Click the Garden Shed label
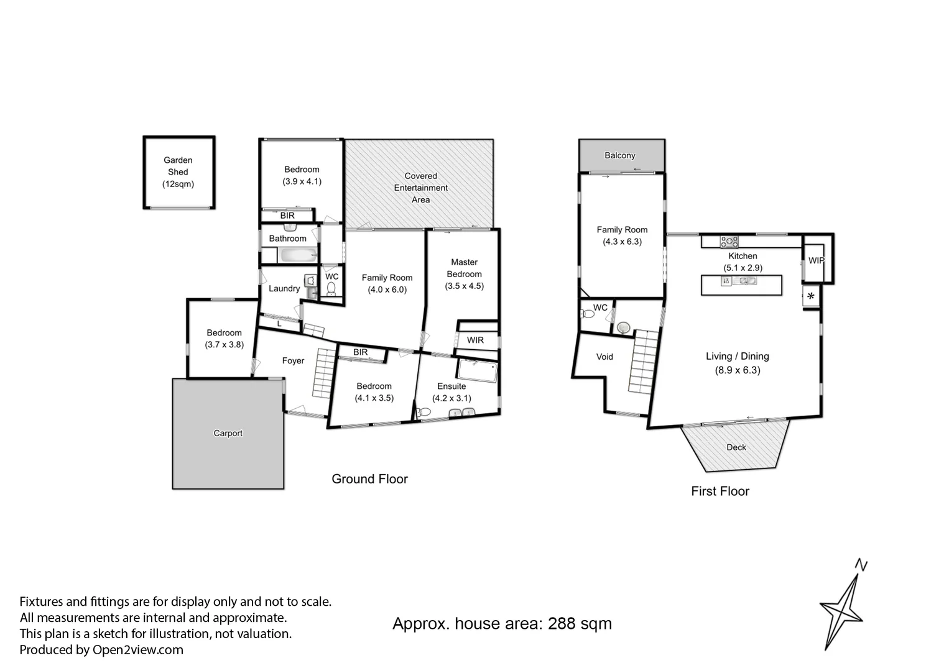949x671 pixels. click(x=178, y=172)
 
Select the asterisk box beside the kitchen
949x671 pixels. click(x=810, y=296)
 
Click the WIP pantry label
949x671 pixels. click(x=816, y=260)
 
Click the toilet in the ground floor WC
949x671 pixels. click(x=331, y=288)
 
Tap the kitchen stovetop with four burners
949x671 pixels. click(x=729, y=241)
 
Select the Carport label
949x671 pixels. click(x=228, y=433)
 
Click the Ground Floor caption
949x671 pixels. click(x=369, y=479)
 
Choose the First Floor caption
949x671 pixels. click(x=720, y=491)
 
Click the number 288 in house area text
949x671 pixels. click(x=562, y=624)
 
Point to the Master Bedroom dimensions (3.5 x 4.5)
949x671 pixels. click(x=464, y=286)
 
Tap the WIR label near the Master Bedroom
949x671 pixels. click(x=475, y=340)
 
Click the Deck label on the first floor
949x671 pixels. click(x=736, y=447)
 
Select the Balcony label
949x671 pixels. click(x=620, y=155)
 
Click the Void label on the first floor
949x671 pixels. click(x=604, y=357)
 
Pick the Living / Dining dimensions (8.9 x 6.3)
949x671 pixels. click(x=737, y=370)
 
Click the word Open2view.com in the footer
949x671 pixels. click(x=138, y=650)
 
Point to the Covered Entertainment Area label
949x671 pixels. click(x=420, y=188)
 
